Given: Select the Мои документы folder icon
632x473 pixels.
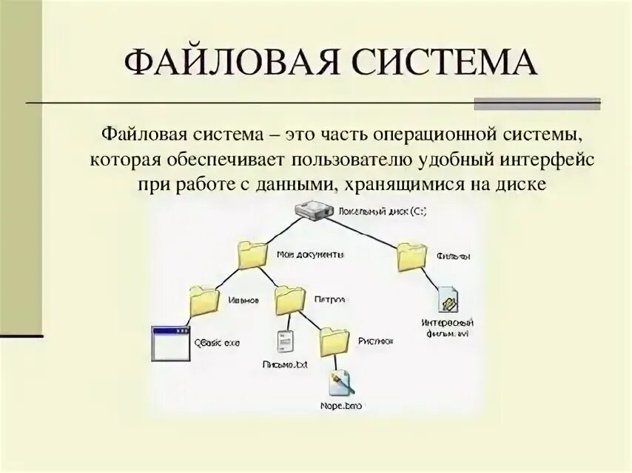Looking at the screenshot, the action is (x=253, y=255).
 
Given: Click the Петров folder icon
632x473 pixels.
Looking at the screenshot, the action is (x=289, y=301).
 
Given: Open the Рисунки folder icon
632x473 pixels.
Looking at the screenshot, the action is (x=335, y=341).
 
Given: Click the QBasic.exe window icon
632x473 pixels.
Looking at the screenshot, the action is (x=170, y=341).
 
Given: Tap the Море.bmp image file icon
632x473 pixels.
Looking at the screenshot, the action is (x=342, y=383).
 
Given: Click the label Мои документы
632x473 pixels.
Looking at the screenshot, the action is (x=310, y=255).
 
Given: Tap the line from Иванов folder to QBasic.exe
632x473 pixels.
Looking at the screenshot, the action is (x=186, y=315).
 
